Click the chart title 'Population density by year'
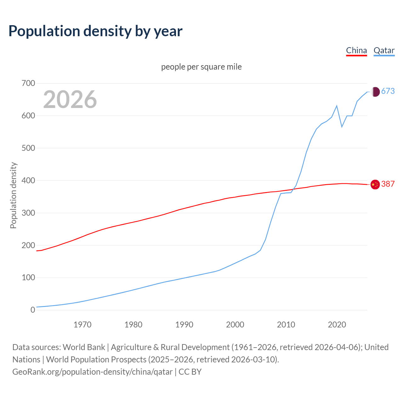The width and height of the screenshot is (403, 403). pyautogui.click(x=95, y=31)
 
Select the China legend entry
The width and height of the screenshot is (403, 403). pyautogui.click(x=356, y=50)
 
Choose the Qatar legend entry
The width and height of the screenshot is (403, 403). pyautogui.click(x=384, y=50)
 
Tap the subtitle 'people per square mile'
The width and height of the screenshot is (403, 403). pyautogui.click(x=201, y=67)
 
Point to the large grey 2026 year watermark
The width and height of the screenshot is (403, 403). pyautogui.click(x=70, y=99)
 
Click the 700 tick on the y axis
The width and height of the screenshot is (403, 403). pyautogui.click(x=28, y=83)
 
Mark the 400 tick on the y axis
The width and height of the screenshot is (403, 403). pyautogui.click(x=28, y=181)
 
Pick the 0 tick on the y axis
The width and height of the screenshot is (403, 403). pyautogui.click(x=33, y=310)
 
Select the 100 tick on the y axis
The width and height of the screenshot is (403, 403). pyautogui.click(x=28, y=278)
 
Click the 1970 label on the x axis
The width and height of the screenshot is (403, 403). pyautogui.click(x=82, y=325)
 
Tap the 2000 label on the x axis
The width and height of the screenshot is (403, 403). pyautogui.click(x=235, y=325)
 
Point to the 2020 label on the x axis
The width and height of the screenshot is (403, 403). pyautogui.click(x=337, y=325)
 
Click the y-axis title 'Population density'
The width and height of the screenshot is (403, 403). pyautogui.click(x=13, y=195)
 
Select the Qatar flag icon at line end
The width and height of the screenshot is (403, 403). pyautogui.click(x=375, y=92)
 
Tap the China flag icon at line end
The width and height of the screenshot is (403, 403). pyautogui.click(x=375, y=184)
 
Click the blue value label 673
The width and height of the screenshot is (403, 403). pyautogui.click(x=388, y=91)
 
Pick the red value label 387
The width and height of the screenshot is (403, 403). pyautogui.click(x=388, y=184)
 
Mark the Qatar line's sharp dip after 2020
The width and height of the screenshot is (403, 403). pyautogui.click(x=342, y=127)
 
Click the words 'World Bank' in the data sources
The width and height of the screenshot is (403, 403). pyautogui.click(x=84, y=347)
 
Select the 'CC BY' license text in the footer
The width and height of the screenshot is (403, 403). pyautogui.click(x=190, y=372)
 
